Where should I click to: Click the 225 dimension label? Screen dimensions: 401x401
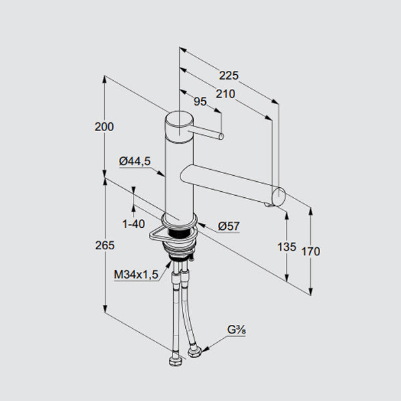(x=229, y=76)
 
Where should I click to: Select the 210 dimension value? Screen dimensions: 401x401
(x=225, y=94)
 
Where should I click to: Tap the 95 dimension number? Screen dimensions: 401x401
(x=200, y=102)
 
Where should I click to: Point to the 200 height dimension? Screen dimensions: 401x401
(x=104, y=127)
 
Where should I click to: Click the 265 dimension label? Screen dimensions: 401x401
(x=105, y=245)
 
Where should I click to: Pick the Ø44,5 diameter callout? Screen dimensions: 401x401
(x=135, y=161)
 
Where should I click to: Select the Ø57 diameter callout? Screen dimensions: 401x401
(x=229, y=226)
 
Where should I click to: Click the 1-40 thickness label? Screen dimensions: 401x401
(x=134, y=224)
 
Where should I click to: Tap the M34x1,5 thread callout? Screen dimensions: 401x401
(x=136, y=275)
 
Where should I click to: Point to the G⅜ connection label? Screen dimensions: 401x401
(x=237, y=330)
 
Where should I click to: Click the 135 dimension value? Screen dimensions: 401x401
(x=287, y=247)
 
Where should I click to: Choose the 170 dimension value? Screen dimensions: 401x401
(x=311, y=252)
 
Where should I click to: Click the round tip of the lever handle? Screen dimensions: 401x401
(x=221, y=136)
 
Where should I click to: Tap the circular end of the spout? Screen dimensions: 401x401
(x=278, y=196)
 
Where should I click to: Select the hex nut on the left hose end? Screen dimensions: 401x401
(x=175, y=361)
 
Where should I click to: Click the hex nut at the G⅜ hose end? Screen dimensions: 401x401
(x=195, y=352)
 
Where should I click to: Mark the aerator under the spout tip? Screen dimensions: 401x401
(x=268, y=205)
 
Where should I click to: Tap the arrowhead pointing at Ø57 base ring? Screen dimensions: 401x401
(x=201, y=225)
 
